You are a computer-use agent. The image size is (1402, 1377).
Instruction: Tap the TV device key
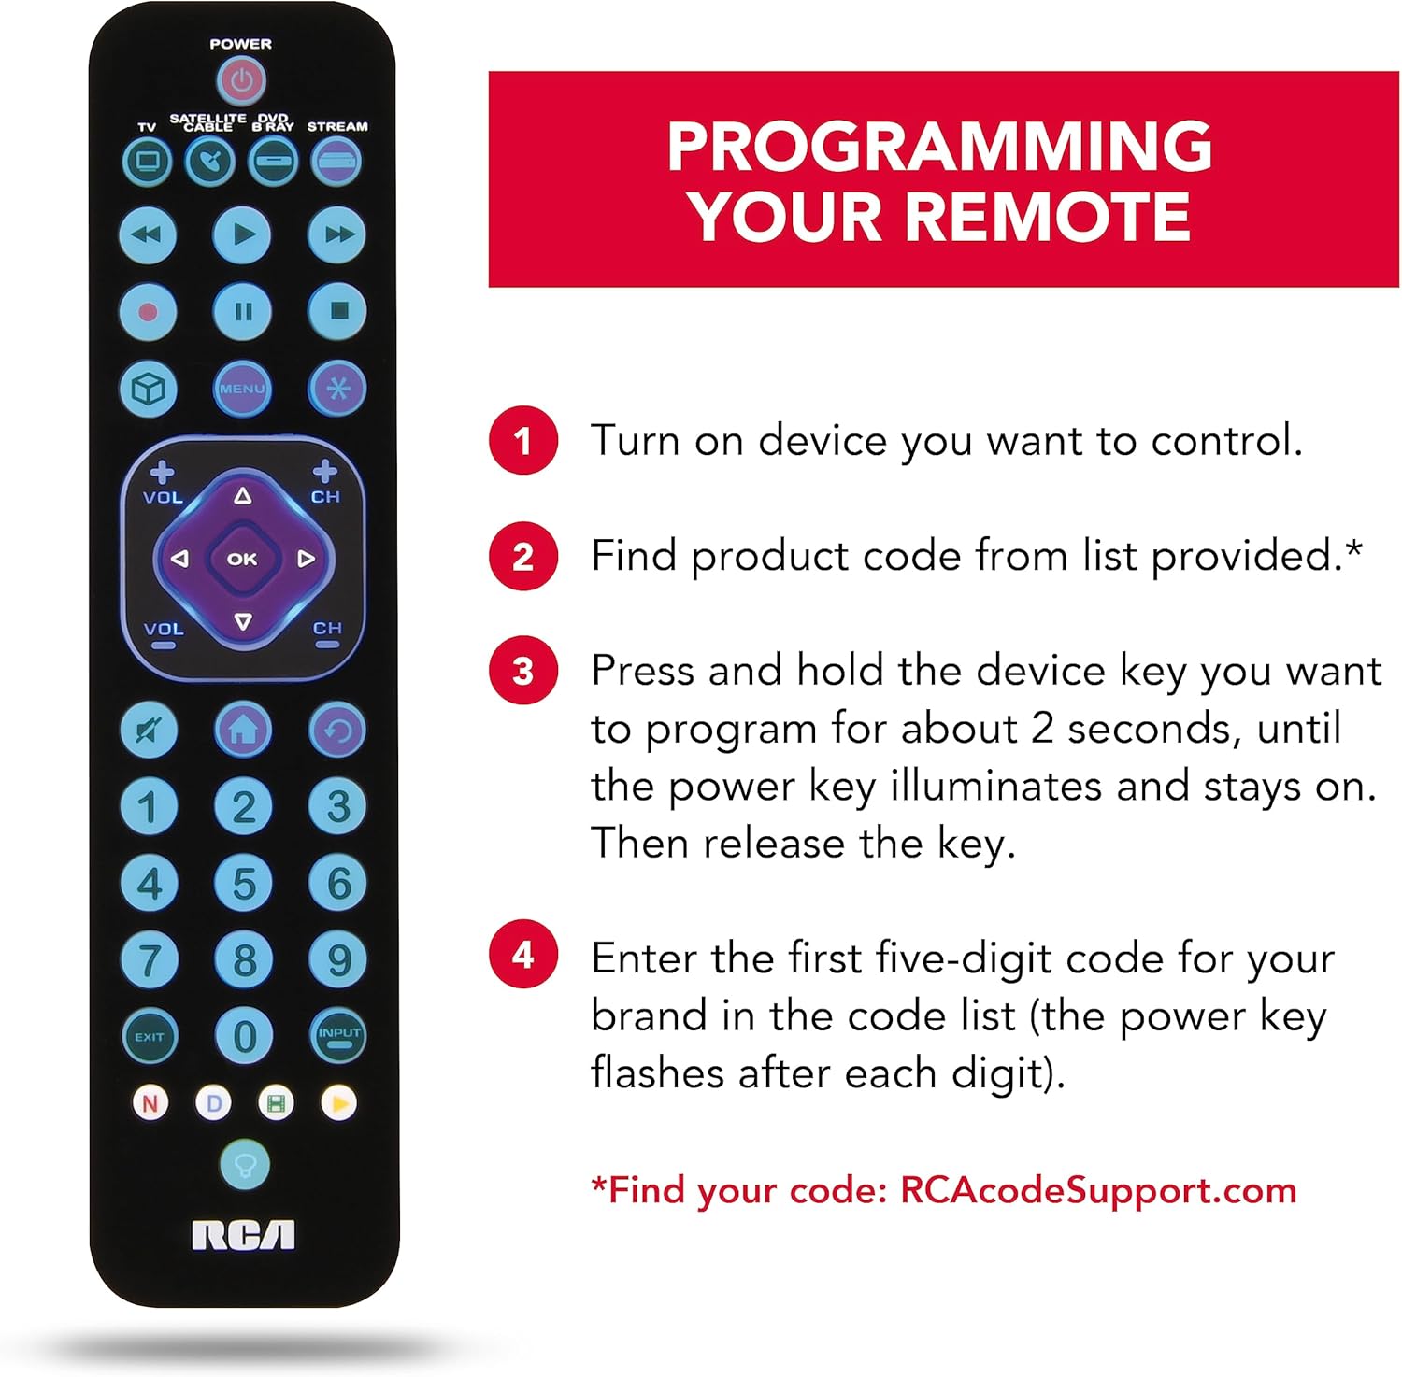[147, 161]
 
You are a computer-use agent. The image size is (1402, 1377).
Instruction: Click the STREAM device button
[336, 161]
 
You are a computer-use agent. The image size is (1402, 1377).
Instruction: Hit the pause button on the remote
[242, 311]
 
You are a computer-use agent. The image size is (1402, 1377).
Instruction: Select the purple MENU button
[242, 388]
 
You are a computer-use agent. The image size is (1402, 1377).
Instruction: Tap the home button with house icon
[243, 729]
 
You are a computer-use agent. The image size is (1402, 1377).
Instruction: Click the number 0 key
[244, 1036]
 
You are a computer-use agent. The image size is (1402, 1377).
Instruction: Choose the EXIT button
[149, 1036]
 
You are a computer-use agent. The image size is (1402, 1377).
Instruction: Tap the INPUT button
[337, 1035]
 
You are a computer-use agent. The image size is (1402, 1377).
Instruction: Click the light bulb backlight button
[245, 1164]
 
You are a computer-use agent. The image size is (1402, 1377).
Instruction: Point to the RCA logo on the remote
[243, 1235]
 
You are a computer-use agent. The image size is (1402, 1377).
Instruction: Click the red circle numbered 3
[523, 671]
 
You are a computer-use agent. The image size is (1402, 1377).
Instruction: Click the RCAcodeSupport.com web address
[1098, 1190]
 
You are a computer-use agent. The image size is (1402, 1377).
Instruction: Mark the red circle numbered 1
[523, 440]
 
